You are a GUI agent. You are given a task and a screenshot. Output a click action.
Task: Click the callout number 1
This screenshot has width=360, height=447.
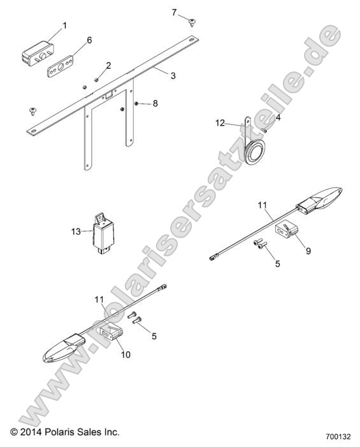coord(64,26)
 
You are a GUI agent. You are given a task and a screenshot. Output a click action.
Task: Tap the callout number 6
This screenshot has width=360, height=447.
coord(89,40)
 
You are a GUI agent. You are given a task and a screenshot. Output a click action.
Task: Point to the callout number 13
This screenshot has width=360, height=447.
coord(76,231)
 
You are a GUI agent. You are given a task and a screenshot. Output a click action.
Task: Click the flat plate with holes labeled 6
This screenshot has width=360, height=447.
coord(60,66)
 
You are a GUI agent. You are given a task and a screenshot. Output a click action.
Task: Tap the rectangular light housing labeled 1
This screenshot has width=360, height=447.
coord(38,53)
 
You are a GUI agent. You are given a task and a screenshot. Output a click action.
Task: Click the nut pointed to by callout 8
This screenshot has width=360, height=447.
coord(136,103)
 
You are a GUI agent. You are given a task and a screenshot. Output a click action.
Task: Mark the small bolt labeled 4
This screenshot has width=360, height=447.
coord(263,130)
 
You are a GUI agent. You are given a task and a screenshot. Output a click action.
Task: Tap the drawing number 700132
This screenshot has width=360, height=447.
coord(338,437)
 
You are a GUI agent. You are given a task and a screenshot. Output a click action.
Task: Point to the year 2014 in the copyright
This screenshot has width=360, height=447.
coord(31,432)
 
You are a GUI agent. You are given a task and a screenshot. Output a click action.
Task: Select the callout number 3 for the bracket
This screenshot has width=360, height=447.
coord(173,76)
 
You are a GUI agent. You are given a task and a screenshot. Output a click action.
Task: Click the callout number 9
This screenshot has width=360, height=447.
coord(308,251)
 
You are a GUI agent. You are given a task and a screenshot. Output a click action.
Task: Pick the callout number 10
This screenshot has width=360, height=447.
coord(126,355)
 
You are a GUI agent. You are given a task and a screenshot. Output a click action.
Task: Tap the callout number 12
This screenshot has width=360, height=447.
coord(220,123)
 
